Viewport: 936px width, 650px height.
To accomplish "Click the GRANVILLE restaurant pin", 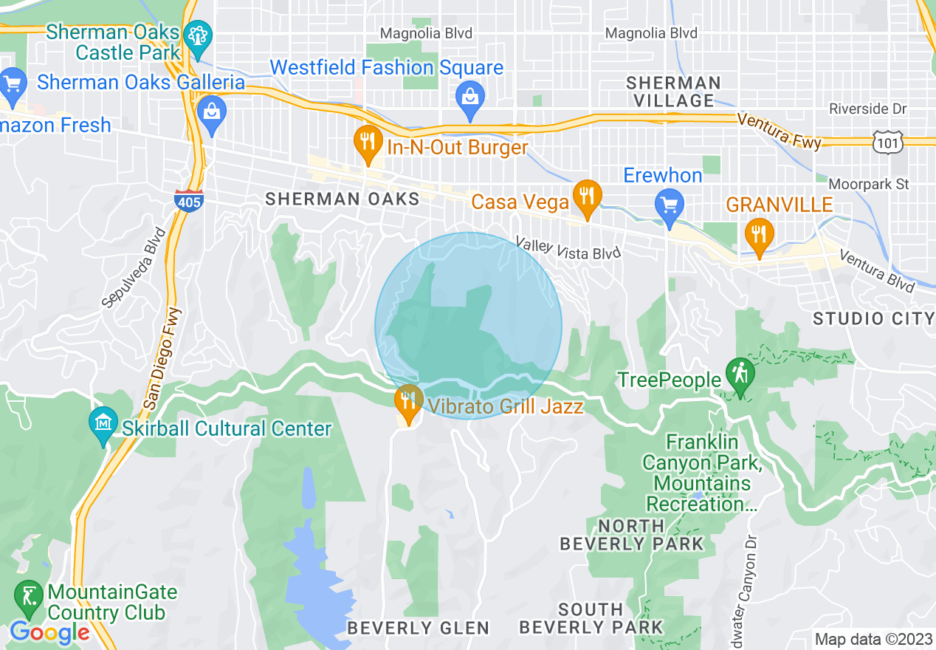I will [758, 233].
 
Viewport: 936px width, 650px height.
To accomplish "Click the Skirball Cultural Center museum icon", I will [103, 423].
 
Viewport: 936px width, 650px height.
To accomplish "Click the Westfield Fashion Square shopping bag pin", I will [469, 95].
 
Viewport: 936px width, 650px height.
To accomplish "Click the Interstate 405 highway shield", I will [189, 200].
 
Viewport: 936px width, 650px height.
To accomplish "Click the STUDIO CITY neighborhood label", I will [873, 318].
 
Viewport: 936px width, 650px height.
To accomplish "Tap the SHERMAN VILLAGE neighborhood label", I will [672, 92].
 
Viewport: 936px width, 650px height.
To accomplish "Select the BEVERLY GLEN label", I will [418, 628].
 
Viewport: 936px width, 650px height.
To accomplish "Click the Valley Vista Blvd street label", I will [568, 248].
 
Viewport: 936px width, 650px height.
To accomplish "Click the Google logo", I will [49, 632].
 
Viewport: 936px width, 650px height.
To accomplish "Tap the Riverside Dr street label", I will [867, 109].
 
